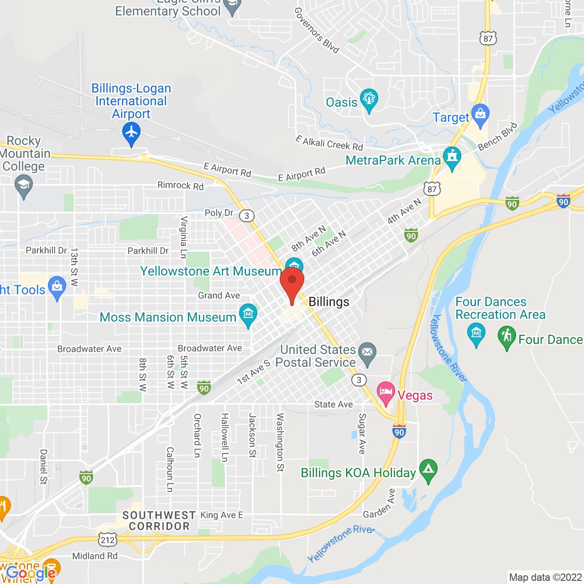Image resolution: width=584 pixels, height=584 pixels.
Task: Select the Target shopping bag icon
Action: click(480, 114)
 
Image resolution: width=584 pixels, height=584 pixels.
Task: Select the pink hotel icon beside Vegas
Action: click(386, 392)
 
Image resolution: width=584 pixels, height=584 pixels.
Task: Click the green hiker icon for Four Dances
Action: click(506, 337)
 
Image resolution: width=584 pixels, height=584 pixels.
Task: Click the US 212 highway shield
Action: click(108, 540)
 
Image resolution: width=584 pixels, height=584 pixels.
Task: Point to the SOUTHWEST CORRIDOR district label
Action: click(159, 521)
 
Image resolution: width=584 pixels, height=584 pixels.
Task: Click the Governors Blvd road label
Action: click(317, 31)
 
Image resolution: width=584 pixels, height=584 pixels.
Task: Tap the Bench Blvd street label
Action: click(498, 136)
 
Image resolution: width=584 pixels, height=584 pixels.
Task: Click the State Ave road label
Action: click(334, 404)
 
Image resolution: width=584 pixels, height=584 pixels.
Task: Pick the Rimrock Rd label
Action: click(180, 185)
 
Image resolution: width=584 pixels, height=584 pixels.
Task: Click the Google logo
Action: click(31, 574)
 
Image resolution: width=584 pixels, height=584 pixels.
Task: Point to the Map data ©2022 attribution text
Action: click(545, 577)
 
